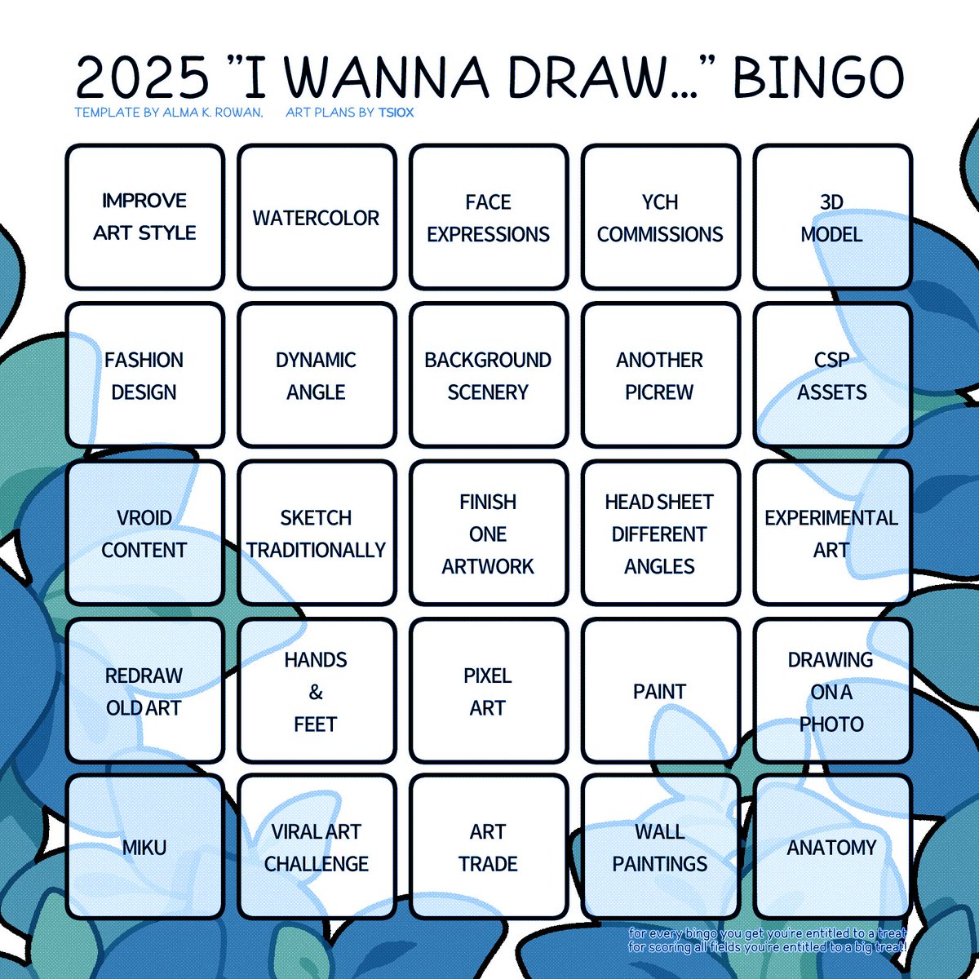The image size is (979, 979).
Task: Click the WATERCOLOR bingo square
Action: (317, 218)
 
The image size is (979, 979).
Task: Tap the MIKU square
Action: (144, 848)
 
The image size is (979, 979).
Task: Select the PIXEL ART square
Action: (488, 691)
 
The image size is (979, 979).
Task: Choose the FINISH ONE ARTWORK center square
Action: (488, 534)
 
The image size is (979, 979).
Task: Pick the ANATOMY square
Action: (831, 848)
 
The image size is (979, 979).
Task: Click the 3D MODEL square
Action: (831, 218)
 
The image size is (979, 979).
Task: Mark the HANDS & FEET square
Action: (317, 691)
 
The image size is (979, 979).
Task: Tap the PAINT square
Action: (660, 691)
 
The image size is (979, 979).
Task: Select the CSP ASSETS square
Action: (831, 376)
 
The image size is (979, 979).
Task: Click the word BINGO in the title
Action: (818, 78)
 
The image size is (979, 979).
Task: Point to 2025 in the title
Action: (142, 78)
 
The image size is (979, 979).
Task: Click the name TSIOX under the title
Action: (396, 113)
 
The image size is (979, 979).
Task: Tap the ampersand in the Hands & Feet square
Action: (316, 693)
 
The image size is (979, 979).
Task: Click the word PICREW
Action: (659, 392)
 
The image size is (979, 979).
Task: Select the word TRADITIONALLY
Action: (317, 551)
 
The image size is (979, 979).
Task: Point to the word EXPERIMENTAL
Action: (831, 518)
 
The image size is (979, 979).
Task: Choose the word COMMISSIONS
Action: (660, 235)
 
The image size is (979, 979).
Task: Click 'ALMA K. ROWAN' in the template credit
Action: (213, 113)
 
